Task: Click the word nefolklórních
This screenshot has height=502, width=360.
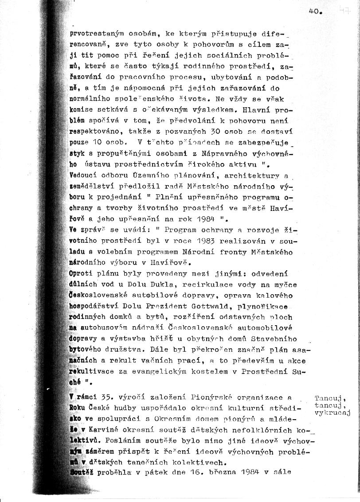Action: [x=265, y=430]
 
